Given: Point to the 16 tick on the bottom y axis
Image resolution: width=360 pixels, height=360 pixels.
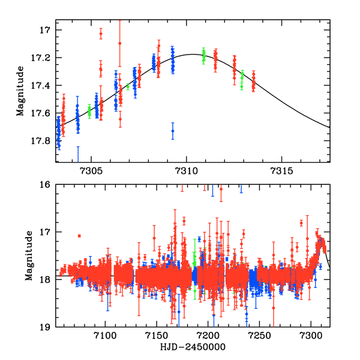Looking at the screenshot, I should coord(47,185).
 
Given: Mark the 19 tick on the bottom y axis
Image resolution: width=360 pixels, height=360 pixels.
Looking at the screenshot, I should coord(47,328).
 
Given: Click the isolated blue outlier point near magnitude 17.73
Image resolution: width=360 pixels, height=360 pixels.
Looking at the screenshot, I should coord(173,131).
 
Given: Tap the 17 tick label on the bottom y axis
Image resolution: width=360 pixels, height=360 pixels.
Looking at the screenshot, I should coord(47,232).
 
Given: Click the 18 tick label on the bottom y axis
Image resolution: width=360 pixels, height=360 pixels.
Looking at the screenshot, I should coord(47,280).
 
